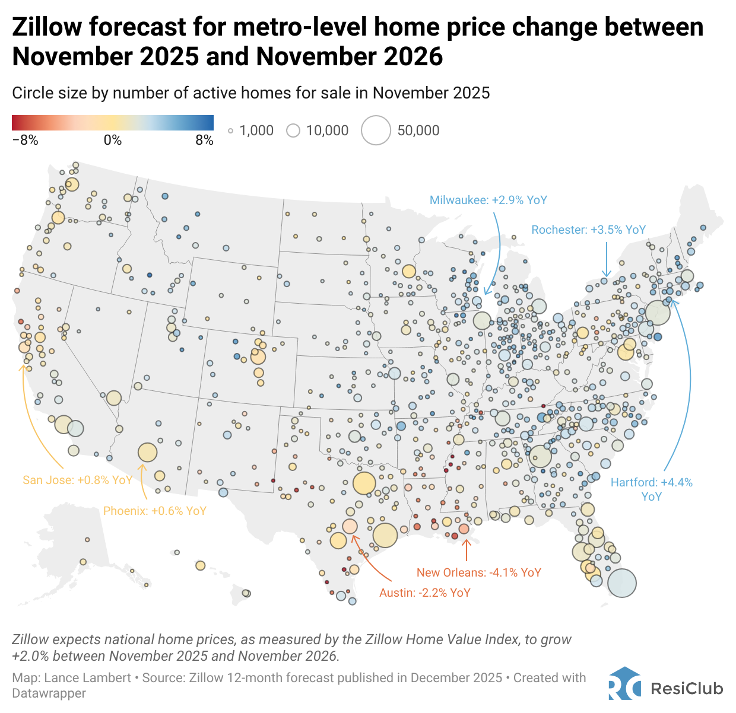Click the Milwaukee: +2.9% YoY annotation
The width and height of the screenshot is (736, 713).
point(488,200)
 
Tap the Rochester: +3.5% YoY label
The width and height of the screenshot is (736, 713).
point(588,230)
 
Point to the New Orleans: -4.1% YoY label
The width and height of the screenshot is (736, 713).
point(478,572)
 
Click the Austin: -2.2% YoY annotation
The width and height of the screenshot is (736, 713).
point(424,593)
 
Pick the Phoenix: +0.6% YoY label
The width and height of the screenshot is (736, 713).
point(154,511)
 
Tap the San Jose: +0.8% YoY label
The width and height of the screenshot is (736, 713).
point(77,480)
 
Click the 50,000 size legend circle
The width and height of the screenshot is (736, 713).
point(376,130)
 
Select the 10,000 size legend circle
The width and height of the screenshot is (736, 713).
point(293,130)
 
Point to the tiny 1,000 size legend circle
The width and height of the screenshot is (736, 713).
point(231,131)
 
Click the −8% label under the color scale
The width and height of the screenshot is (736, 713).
point(25,141)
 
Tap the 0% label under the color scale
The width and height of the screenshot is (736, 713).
point(112,141)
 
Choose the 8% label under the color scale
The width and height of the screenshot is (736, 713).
point(204,141)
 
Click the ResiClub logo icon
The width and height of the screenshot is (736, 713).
point(624,685)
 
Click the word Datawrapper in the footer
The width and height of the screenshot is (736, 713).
point(49,693)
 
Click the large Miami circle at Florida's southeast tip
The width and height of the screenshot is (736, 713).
point(621,583)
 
